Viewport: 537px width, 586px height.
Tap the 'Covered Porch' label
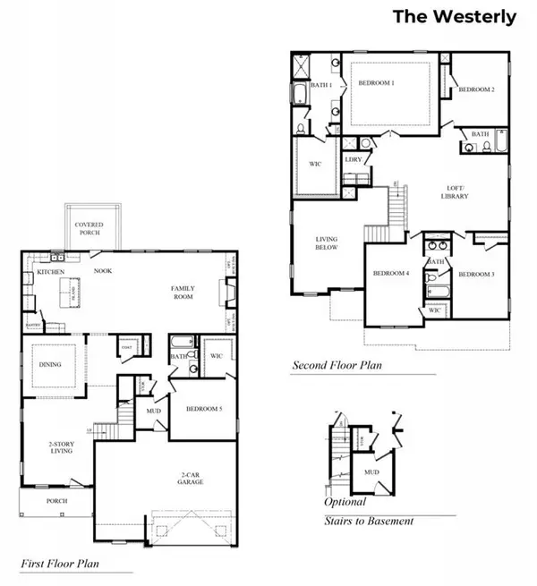(88, 227)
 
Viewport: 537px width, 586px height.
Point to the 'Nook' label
(103, 269)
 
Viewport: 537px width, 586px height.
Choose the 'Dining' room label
(49, 363)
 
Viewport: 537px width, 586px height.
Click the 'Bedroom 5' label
(203, 408)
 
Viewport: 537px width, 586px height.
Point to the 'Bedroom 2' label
(477, 89)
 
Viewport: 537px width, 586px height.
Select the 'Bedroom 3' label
(475, 274)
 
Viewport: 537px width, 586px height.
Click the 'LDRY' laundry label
(353, 161)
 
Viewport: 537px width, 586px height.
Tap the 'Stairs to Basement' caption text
(369, 521)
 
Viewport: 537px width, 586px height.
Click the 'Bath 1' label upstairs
(322, 85)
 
